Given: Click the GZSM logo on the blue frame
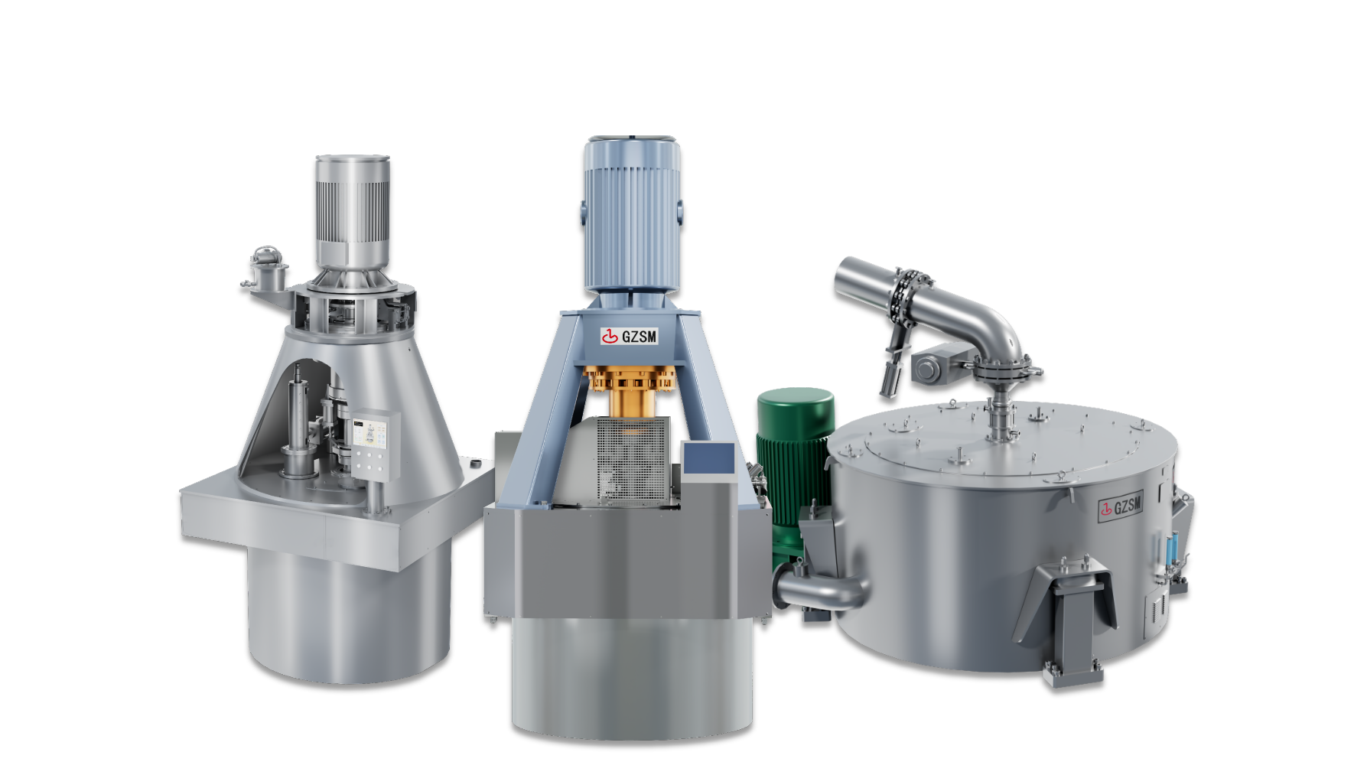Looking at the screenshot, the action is coord(629,336).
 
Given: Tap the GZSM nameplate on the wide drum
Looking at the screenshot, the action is coord(1121,506).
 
